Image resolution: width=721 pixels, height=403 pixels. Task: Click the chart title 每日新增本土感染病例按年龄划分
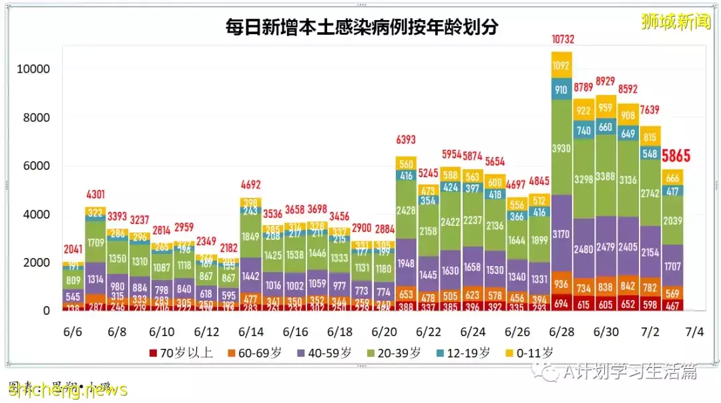tap(364, 27)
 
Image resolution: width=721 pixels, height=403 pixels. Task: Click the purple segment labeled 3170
tap(561, 234)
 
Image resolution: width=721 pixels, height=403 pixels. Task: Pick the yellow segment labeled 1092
tap(561, 66)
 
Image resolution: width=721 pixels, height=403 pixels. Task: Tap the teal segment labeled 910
tap(561, 90)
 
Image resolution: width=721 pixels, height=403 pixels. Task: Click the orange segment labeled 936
tap(561, 284)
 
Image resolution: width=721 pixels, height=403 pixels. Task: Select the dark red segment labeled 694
tap(561, 303)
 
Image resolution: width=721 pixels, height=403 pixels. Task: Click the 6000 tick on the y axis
tap(36, 166)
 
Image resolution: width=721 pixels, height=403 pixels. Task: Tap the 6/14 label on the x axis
tap(250, 331)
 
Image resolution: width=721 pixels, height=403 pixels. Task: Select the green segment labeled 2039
tap(673, 220)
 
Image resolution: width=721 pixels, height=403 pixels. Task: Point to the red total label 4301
tap(95, 195)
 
